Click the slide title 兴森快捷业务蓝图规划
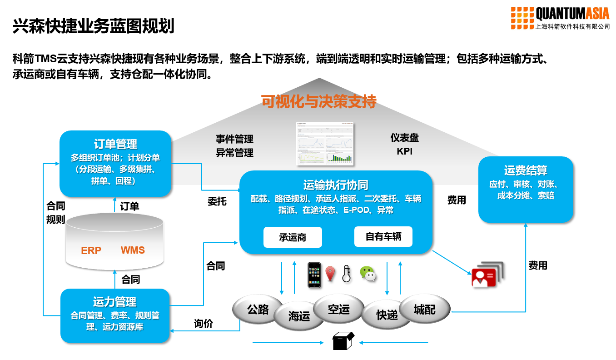(x=93, y=26)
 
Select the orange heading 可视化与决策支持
(x=318, y=101)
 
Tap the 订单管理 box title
(x=115, y=144)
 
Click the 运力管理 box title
(x=114, y=302)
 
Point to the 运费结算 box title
(x=526, y=170)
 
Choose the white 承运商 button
(x=293, y=237)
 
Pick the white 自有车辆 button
(x=383, y=237)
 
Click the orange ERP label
(x=91, y=250)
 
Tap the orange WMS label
(x=133, y=250)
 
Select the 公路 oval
(x=258, y=310)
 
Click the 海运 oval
(x=299, y=316)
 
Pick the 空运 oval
(x=339, y=309)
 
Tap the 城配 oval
(x=424, y=310)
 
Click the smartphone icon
(x=314, y=275)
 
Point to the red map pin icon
(x=330, y=274)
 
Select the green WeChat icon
(x=368, y=274)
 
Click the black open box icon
(x=343, y=341)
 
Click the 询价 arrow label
(x=203, y=324)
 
